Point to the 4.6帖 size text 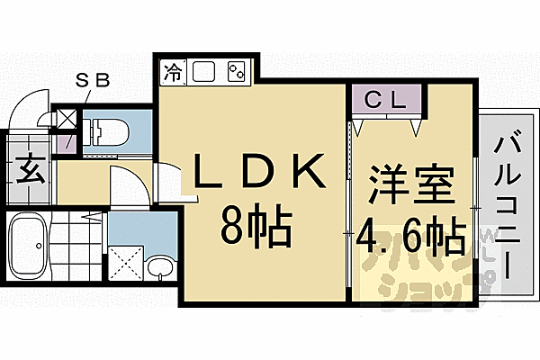(x=409, y=237)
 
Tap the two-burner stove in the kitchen (x=237, y=70)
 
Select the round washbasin (x=161, y=268)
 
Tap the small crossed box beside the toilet (x=67, y=118)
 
